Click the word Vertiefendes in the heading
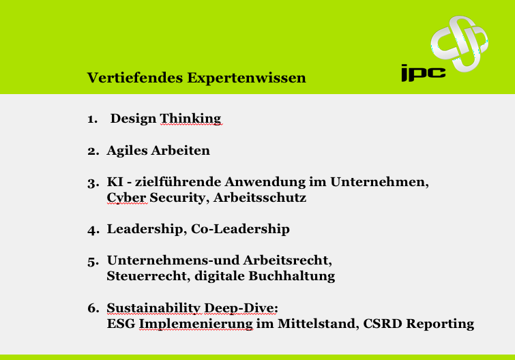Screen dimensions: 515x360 (x=135, y=78)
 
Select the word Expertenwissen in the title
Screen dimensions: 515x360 (x=247, y=78)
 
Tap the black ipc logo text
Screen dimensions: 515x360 (x=424, y=73)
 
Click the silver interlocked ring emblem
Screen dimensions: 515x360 (x=459, y=44)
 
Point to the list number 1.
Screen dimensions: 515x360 (x=92, y=119)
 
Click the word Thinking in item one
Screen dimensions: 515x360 (x=190, y=119)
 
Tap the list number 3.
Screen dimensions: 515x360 (x=93, y=183)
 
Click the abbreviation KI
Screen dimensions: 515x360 (x=115, y=182)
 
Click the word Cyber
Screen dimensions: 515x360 (x=126, y=198)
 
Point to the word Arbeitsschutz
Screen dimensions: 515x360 (x=260, y=198)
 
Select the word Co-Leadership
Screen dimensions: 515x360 (x=240, y=229)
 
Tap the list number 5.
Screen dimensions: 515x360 (x=93, y=262)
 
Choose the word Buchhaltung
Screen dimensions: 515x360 (x=292, y=276)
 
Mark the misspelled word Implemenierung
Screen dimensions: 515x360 (x=196, y=324)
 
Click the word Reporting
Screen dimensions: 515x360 (x=440, y=325)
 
